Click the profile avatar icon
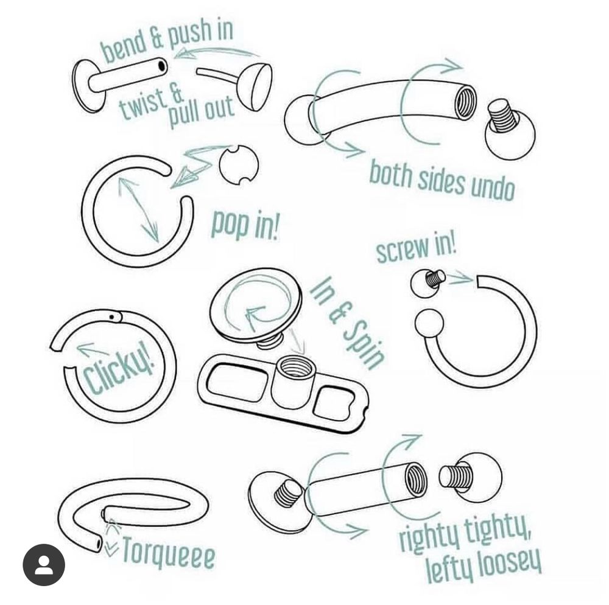pyautogui.click(x=43, y=565)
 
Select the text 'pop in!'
pyautogui.click(x=245, y=225)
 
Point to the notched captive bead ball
pyautogui.click(x=238, y=164)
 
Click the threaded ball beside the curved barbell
pyautogui.click(x=510, y=130)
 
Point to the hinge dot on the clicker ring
pyautogui.click(x=112, y=316)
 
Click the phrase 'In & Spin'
pyautogui.click(x=348, y=323)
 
